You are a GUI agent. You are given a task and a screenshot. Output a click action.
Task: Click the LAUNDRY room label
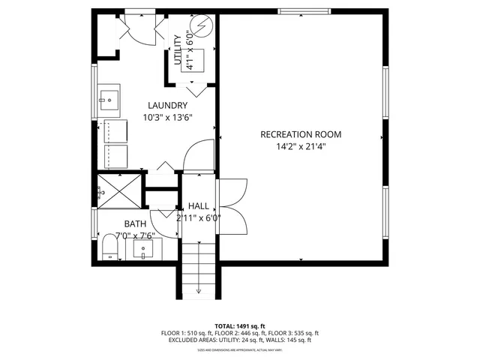(x=166, y=105)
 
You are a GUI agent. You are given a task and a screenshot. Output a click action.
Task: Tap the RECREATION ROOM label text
(x=300, y=134)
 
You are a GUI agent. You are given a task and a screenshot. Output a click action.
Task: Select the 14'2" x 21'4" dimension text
(x=300, y=147)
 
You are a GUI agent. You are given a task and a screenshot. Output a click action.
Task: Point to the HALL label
(x=199, y=206)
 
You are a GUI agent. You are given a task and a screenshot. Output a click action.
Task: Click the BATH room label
(x=135, y=223)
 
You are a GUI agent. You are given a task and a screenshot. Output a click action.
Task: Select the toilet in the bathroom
(x=109, y=247)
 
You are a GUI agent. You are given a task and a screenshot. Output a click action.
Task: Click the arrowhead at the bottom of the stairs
(x=199, y=291)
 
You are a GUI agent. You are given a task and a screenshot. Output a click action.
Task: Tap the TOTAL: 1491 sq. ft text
(x=240, y=326)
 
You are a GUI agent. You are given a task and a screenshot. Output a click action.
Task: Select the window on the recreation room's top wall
(x=304, y=10)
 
